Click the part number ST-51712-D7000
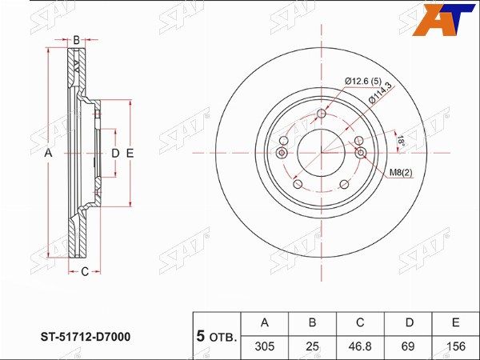click(86, 337)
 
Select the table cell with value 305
click(265, 346)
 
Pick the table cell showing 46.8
click(360, 346)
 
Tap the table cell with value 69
click(408, 346)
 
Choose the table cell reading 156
click(456, 346)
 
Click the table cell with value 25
click(312, 346)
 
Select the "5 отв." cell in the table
click(217, 336)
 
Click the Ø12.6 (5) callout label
click(363, 82)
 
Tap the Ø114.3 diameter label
click(380, 94)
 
